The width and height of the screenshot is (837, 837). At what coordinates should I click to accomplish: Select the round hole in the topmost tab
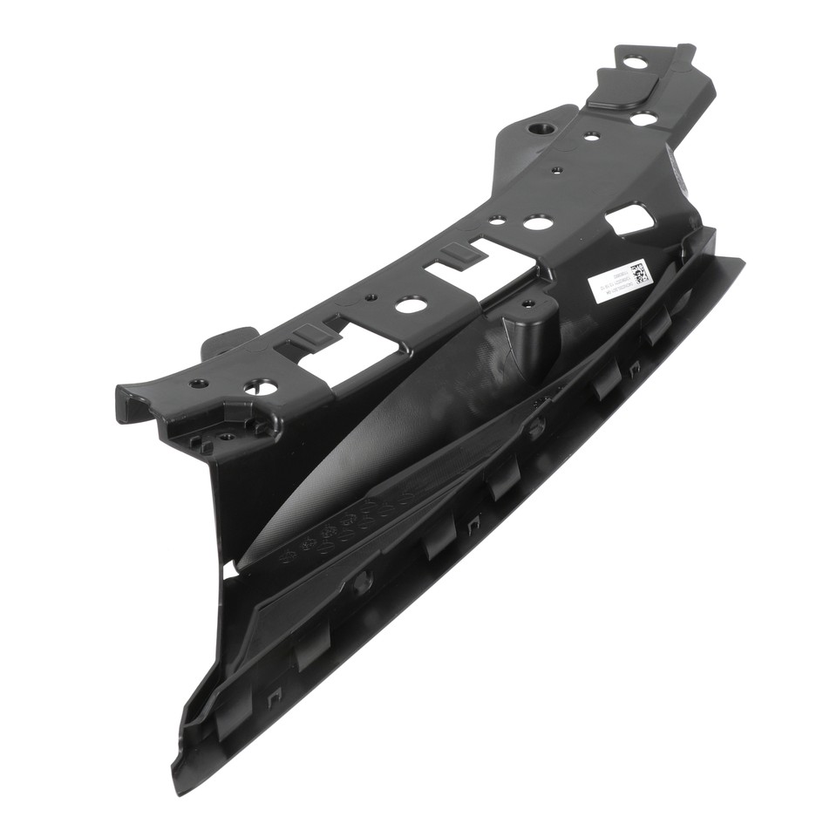635,62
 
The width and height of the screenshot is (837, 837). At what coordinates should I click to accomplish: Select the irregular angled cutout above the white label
630,218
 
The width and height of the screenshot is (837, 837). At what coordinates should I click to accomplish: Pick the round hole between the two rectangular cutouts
410,305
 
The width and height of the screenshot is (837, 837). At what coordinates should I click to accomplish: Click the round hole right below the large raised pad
643,118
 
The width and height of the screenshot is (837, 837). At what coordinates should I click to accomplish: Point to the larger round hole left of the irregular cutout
538,223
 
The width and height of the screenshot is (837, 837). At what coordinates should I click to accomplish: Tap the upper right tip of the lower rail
739,261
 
